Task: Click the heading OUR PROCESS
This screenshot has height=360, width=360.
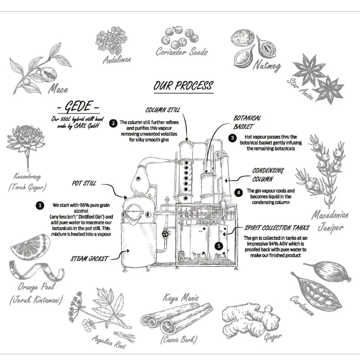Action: pyautogui.click(x=183, y=85)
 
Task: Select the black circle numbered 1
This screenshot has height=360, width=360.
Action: pyautogui.click(x=40, y=205)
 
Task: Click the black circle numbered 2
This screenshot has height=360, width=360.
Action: pyautogui.click(x=114, y=122)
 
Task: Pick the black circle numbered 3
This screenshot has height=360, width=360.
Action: pyautogui.click(x=232, y=138)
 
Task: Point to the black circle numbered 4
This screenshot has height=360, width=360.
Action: pyautogui.click(x=238, y=192)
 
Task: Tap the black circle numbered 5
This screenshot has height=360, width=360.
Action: pyautogui.click(x=219, y=246)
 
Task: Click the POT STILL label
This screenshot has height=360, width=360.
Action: pyautogui.click(x=85, y=184)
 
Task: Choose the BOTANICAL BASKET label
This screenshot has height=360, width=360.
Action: pyautogui.click(x=247, y=121)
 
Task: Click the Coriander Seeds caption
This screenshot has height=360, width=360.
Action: pyautogui.click(x=182, y=52)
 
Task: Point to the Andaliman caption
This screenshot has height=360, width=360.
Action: pyautogui.click(x=117, y=59)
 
